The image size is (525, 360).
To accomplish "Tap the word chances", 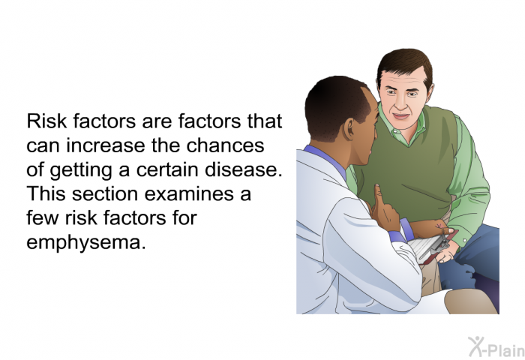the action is click(x=225, y=145).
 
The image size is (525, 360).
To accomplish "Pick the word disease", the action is click(x=244, y=169).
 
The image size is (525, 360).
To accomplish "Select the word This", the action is click(x=46, y=194).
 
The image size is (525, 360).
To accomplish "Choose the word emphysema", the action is click(x=86, y=242).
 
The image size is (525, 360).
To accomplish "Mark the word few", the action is click(x=43, y=218).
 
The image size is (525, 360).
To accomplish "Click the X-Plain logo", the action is click(x=496, y=346).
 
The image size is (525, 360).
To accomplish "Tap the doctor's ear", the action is click(x=349, y=129).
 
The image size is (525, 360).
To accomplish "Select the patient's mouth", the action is click(x=400, y=116).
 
